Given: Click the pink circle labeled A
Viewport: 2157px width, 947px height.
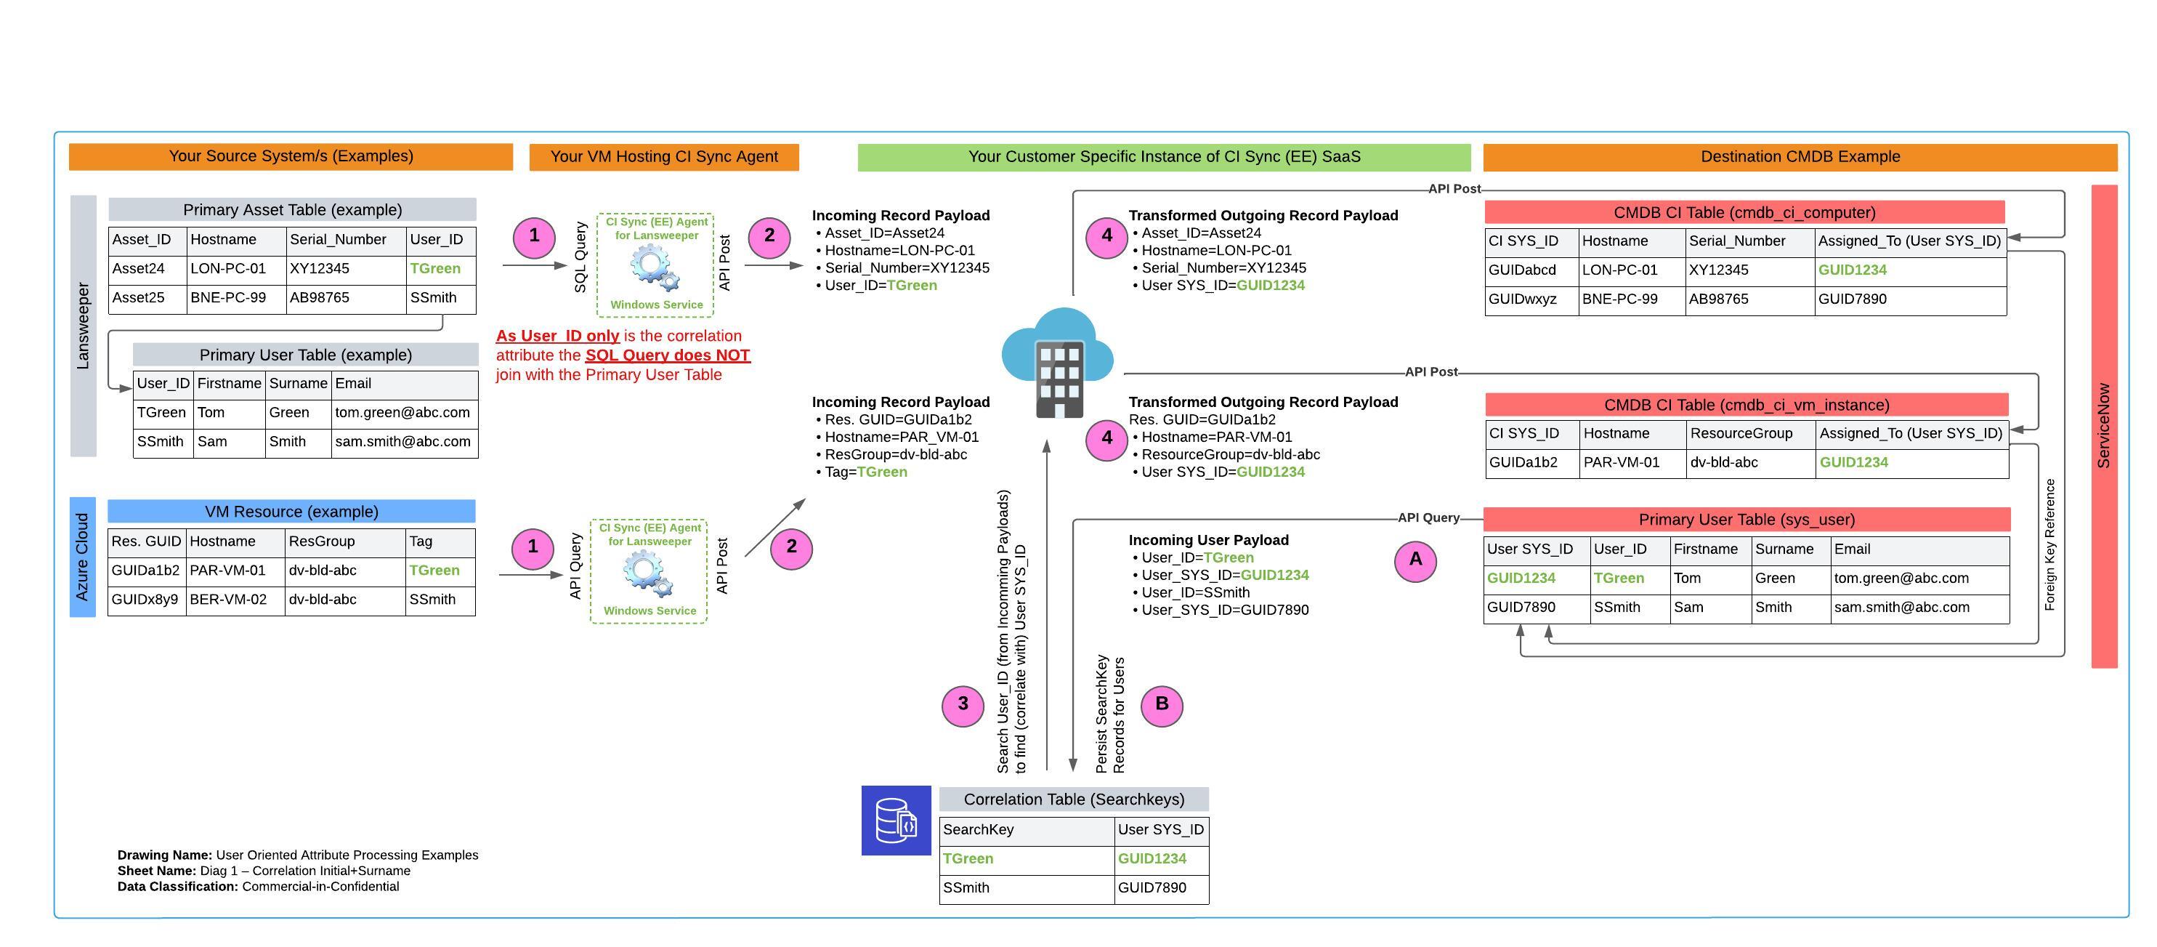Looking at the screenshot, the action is tap(1415, 560).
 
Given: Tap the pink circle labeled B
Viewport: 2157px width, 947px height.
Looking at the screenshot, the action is tap(1162, 705).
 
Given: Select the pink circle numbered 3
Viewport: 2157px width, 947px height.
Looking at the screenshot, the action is tap(962, 705).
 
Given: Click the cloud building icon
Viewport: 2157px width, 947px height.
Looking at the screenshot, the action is tap(1058, 363).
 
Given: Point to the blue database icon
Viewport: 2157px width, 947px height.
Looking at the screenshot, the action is tap(896, 820).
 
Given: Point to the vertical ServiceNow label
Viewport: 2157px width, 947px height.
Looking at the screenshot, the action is tap(2103, 426).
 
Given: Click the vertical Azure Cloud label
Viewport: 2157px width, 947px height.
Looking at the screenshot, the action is tap(82, 557).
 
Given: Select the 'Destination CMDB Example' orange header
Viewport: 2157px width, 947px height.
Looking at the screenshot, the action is tap(1800, 156).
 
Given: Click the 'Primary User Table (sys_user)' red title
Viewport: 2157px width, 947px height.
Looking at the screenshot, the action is tap(1747, 519).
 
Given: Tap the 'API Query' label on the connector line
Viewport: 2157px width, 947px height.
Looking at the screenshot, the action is tap(1428, 517).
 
